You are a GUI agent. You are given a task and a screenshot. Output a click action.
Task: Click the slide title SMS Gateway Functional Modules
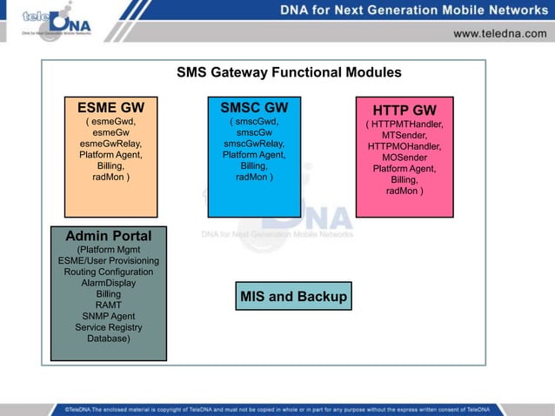(x=289, y=72)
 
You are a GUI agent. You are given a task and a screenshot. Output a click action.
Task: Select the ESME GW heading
(x=110, y=107)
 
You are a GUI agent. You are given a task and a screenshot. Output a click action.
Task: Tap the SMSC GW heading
(x=254, y=107)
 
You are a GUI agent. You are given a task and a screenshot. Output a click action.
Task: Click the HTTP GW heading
(x=405, y=111)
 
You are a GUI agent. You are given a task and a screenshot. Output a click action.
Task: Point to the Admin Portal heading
(x=109, y=236)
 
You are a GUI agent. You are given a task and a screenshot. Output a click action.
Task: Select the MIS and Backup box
(x=293, y=297)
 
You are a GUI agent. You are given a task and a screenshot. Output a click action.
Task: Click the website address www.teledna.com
(x=498, y=33)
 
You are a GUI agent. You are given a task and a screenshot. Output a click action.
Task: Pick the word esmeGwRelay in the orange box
(x=110, y=144)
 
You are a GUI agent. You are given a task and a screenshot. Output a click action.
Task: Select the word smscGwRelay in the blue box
(x=254, y=144)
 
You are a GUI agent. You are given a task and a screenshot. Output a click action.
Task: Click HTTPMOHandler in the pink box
(x=405, y=147)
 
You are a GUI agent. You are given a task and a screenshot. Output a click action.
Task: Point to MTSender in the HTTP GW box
(x=405, y=136)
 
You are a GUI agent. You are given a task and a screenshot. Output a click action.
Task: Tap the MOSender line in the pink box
(x=405, y=158)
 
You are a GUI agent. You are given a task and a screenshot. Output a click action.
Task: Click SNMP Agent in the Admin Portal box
(x=109, y=317)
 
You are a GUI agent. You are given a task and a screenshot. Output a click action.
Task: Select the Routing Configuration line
(x=109, y=272)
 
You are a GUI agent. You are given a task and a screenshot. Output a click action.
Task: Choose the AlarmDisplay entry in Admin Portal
(x=109, y=283)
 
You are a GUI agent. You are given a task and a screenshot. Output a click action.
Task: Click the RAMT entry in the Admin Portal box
(x=109, y=305)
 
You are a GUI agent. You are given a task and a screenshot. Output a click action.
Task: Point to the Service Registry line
(x=109, y=328)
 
